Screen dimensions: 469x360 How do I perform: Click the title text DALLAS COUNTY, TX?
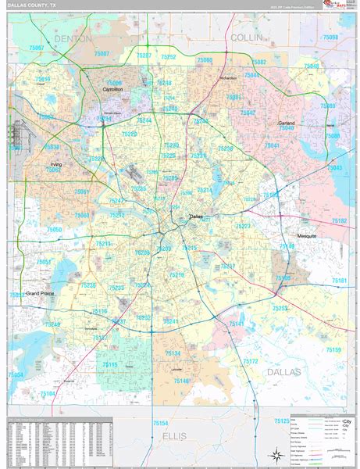click(33, 5)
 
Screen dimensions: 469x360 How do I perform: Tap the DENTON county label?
click(74, 38)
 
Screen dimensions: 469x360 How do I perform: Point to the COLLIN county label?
click(247, 37)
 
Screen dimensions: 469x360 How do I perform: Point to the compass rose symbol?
click(276, 454)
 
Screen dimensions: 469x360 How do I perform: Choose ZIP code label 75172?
click(250, 361)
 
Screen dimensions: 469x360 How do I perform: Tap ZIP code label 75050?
click(54, 230)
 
